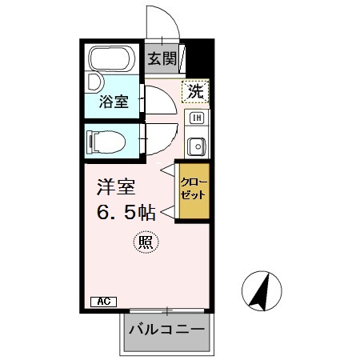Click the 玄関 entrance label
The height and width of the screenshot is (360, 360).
click(x=162, y=58)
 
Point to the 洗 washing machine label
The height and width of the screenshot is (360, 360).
click(x=194, y=92)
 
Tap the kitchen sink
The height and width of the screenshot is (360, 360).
click(x=196, y=146)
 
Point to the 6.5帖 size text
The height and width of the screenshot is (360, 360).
click(x=126, y=213)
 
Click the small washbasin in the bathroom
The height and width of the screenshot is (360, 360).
click(x=93, y=82)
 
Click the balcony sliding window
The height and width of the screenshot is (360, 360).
click(x=166, y=310)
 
